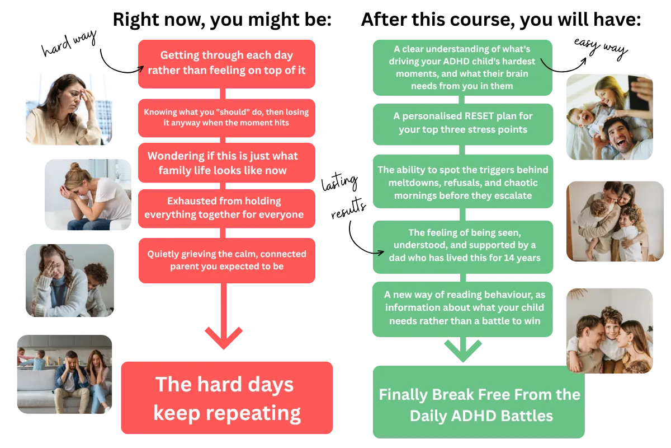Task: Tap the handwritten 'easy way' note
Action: (x=601, y=48)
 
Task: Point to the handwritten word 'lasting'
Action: (x=339, y=182)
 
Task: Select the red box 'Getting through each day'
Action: (x=226, y=64)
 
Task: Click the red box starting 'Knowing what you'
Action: (x=226, y=118)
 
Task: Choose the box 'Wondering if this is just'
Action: (x=226, y=162)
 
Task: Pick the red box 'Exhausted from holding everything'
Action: (x=226, y=208)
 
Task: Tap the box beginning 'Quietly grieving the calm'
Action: (x=227, y=260)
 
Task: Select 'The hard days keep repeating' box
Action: (x=227, y=398)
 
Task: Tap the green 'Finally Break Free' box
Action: (x=479, y=402)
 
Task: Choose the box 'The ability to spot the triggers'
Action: (x=463, y=181)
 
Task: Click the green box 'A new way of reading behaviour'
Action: (x=462, y=309)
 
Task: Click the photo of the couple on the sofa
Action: (x=64, y=374)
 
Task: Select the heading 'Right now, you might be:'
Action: (x=222, y=20)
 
